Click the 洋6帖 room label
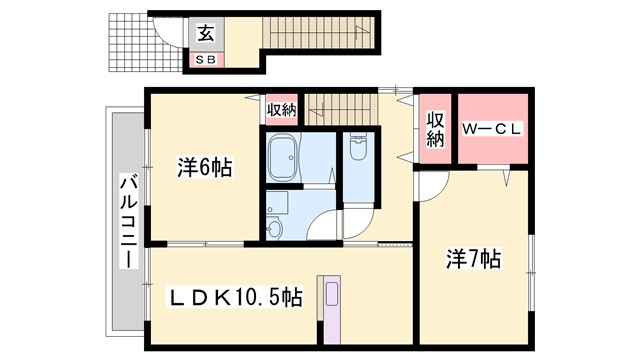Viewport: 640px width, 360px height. (x=206, y=168)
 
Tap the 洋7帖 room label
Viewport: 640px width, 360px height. (x=472, y=259)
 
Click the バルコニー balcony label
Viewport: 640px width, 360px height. (x=128, y=221)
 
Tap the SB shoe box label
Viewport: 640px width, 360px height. (x=206, y=60)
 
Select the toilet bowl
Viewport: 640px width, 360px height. (x=359, y=150)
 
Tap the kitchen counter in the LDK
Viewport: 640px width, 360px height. (x=331, y=301)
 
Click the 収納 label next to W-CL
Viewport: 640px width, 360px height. (x=434, y=130)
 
